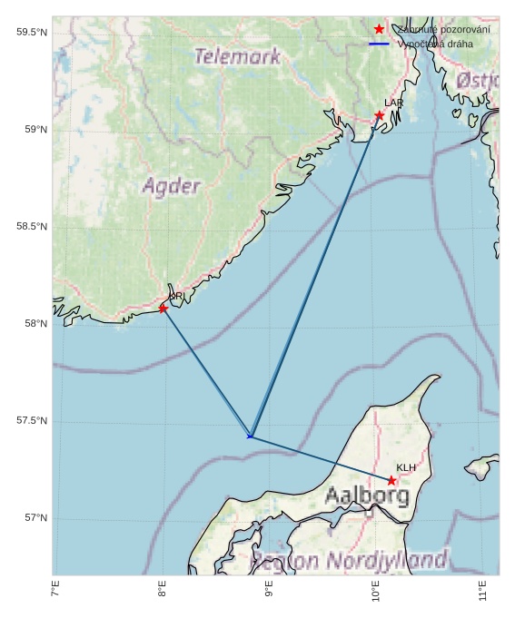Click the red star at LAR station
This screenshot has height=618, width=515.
pyautogui.click(x=379, y=115)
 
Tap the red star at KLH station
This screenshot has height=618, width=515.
pyautogui.click(x=391, y=480)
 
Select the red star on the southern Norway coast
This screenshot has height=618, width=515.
pyautogui.click(x=163, y=309)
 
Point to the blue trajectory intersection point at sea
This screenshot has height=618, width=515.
pyautogui.click(x=250, y=437)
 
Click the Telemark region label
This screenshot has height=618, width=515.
pyautogui.click(x=238, y=56)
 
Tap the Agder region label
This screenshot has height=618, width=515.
pyautogui.click(x=172, y=187)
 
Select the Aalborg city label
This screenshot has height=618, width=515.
pyautogui.click(x=367, y=495)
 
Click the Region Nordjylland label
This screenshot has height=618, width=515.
pyautogui.click(x=350, y=559)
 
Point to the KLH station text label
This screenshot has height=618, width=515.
pyautogui.click(x=406, y=467)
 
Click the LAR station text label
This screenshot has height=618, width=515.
pyautogui.click(x=393, y=103)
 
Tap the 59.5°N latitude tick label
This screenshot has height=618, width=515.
pyautogui.click(x=31, y=33)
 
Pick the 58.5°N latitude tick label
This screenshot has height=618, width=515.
pyautogui.click(x=31, y=227)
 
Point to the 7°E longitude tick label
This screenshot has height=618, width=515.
pyautogui.click(x=56, y=591)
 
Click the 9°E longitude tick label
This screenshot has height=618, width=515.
pyautogui.click(x=269, y=591)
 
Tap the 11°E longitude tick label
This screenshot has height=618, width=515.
pyautogui.click(x=482, y=591)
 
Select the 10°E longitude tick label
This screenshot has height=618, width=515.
pyautogui.click(x=376, y=591)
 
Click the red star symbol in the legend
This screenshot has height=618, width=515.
pyautogui.click(x=379, y=29)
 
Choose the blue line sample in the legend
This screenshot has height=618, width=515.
pyautogui.click(x=379, y=44)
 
